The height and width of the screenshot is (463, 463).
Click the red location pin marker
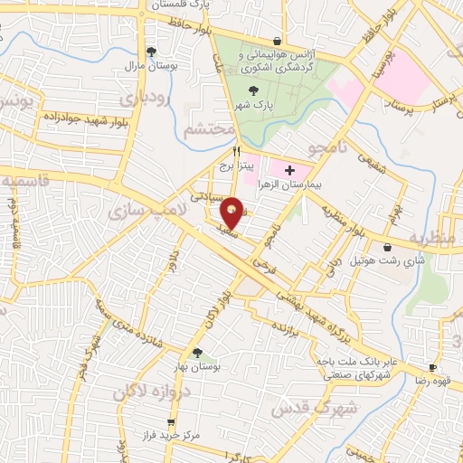pos(232,213)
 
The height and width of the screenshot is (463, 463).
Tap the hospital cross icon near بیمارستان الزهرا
pos(289,169)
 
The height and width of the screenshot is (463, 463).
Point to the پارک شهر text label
pos(251,105)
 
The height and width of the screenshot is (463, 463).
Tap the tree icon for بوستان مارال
pos(150,52)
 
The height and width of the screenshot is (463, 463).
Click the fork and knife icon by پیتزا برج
pos(237,151)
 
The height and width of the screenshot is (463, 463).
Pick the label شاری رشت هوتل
pos(389,261)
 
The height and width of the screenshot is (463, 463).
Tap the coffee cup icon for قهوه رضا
pos(432,367)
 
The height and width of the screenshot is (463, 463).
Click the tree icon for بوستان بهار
pos(196,354)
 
